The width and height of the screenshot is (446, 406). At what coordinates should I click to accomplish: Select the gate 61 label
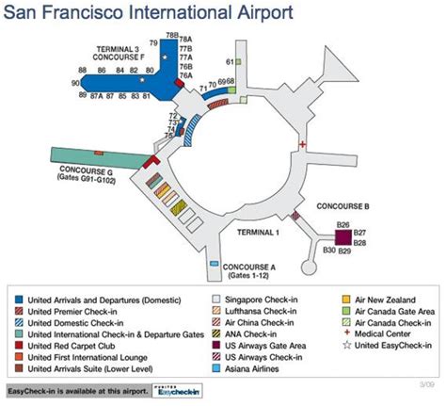tap(230, 62)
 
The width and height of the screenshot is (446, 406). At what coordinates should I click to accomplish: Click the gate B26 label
tap(342, 222)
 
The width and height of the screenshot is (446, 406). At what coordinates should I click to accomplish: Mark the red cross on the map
tap(302, 143)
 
